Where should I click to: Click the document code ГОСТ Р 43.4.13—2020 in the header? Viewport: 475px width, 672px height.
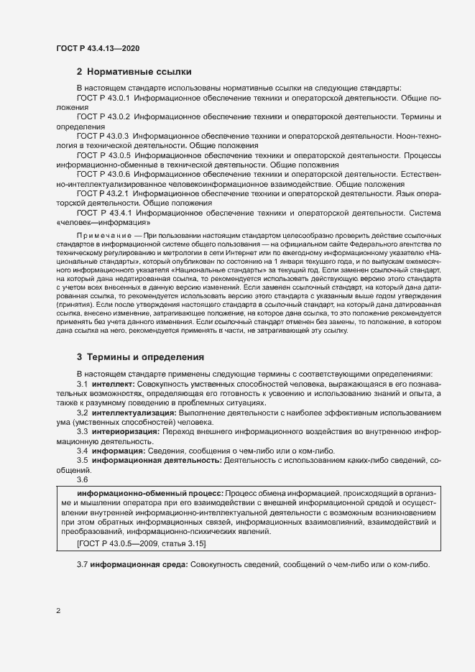97,48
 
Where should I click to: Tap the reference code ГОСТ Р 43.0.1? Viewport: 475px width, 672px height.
103,97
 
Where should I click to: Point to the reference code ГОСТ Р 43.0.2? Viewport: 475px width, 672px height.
103,116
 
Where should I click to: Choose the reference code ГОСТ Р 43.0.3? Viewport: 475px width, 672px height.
103,135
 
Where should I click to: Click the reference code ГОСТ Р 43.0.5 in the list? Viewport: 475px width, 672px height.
103,155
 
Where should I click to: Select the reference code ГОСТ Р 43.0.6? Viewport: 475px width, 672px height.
103,174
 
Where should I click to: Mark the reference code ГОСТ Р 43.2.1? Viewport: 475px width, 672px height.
103,193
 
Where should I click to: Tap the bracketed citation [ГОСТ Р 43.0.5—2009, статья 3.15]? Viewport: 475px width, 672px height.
141,545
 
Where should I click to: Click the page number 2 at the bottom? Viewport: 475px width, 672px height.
58,612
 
